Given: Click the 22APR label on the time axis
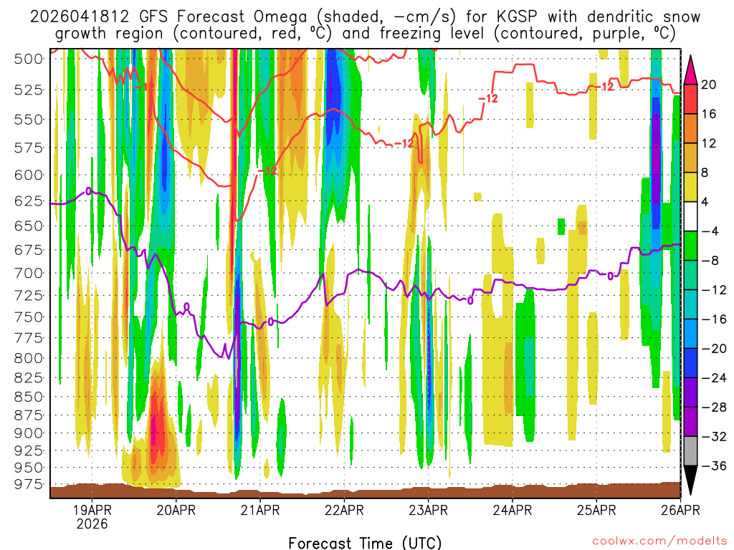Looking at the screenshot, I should tap(345, 511).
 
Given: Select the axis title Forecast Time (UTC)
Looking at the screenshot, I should tap(366, 542).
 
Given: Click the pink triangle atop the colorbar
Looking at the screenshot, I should tap(691, 69).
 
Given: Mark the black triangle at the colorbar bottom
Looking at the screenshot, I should tap(691, 481).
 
